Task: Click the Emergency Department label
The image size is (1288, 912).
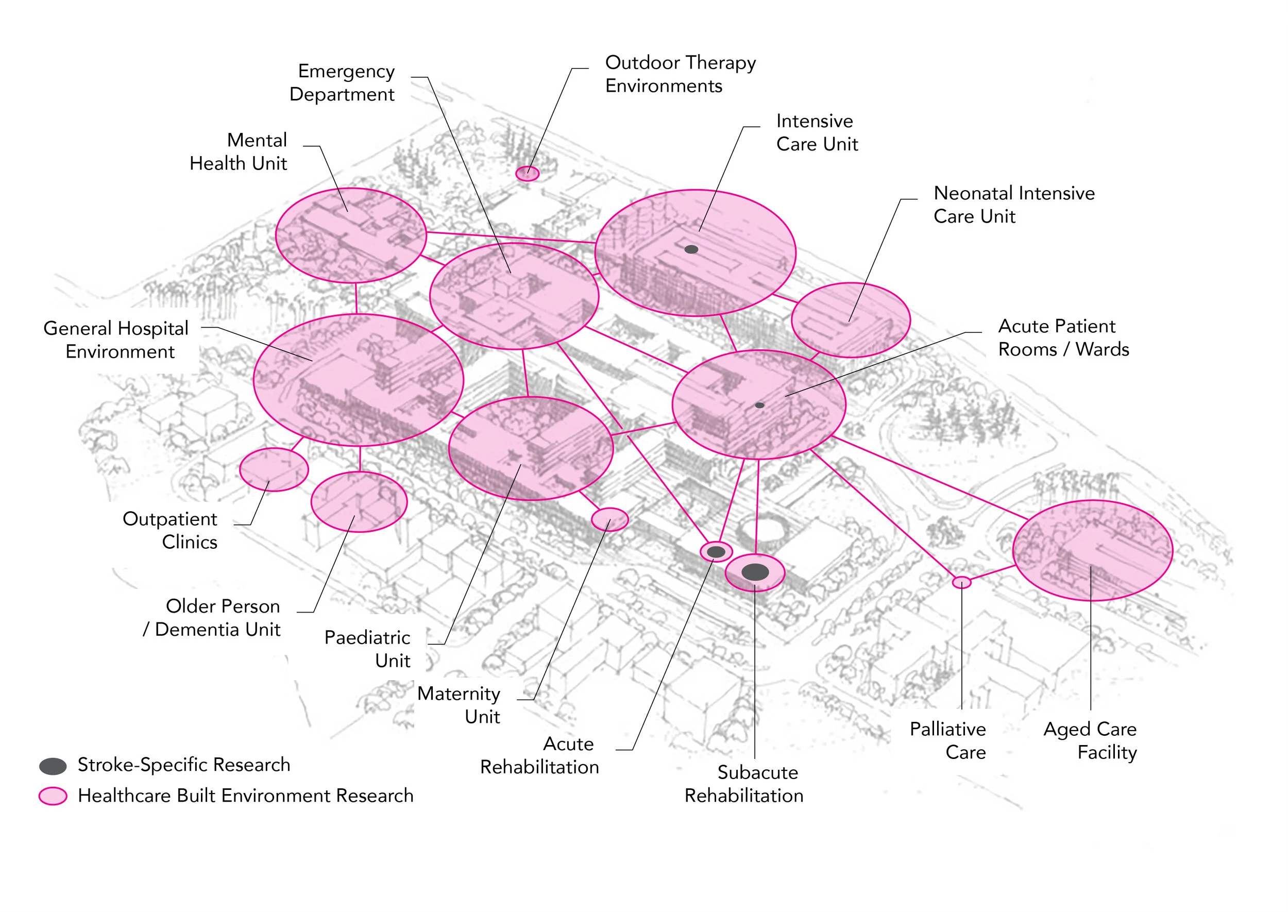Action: (342, 82)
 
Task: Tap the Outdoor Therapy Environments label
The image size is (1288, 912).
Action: (680, 74)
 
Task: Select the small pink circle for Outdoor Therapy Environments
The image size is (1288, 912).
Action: (527, 174)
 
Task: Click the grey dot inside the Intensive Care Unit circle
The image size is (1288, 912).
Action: (691, 249)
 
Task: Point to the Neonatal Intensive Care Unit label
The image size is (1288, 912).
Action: (1013, 205)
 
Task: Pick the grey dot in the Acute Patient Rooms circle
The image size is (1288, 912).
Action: (759, 405)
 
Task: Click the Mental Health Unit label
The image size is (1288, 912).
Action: (239, 151)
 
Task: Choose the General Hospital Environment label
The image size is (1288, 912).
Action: (116, 340)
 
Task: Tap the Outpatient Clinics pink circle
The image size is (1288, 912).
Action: (274, 469)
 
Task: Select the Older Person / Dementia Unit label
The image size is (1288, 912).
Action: (212, 618)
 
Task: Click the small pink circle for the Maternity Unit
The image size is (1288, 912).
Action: (610, 519)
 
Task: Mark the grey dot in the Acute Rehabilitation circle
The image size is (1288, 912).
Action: (716, 552)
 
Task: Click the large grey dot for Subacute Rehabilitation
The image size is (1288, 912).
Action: (755, 572)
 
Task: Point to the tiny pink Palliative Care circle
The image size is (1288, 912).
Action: (961, 582)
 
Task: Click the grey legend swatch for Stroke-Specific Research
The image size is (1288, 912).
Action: (53, 766)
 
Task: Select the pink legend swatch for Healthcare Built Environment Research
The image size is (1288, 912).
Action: (53, 796)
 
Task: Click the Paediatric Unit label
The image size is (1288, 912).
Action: (367, 649)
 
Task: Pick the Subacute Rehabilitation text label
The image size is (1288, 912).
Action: (744, 784)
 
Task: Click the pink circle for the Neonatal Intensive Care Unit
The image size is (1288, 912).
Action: (850, 320)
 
